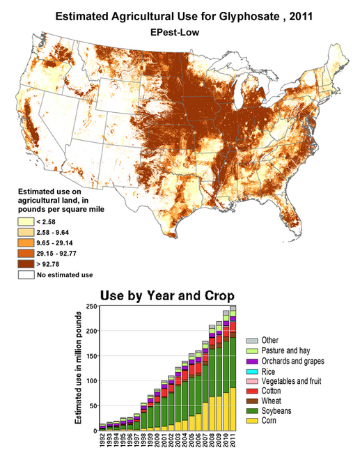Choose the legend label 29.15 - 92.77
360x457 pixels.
[x=61, y=253]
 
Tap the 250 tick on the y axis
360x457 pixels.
[x=91, y=307]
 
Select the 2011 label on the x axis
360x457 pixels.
[x=233, y=442]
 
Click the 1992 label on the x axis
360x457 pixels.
[x=102, y=442]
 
